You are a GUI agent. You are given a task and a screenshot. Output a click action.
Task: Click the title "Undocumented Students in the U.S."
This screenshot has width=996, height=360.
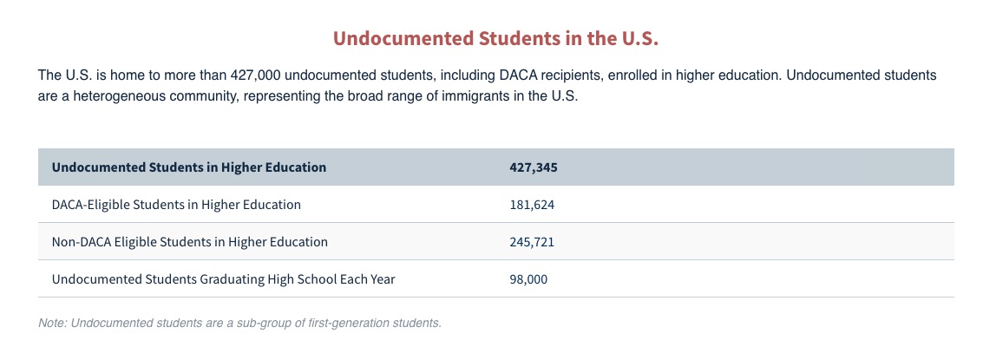click(496, 38)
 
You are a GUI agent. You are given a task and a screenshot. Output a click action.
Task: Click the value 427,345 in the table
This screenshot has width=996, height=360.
click(534, 167)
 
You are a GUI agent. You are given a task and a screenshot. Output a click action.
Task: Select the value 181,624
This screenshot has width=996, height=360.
click(533, 205)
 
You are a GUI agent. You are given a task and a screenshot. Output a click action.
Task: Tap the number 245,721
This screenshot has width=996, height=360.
click(533, 242)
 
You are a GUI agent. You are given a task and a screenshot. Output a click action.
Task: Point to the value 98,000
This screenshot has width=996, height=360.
click(528, 279)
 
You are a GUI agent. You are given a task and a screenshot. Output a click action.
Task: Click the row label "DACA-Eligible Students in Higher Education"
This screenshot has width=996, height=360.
click(177, 205)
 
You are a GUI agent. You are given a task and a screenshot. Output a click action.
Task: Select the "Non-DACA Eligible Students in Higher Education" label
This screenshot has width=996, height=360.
click(190, 242)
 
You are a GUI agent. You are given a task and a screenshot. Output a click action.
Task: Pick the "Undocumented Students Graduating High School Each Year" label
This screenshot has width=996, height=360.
click(224, 279)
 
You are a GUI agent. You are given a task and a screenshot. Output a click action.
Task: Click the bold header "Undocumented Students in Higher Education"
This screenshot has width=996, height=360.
click(189, 167)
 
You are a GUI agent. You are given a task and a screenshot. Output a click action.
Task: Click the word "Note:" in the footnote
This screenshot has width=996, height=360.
click(53, 324)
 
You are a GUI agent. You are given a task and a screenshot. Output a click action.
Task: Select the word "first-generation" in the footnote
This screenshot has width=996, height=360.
click(358, 324)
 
